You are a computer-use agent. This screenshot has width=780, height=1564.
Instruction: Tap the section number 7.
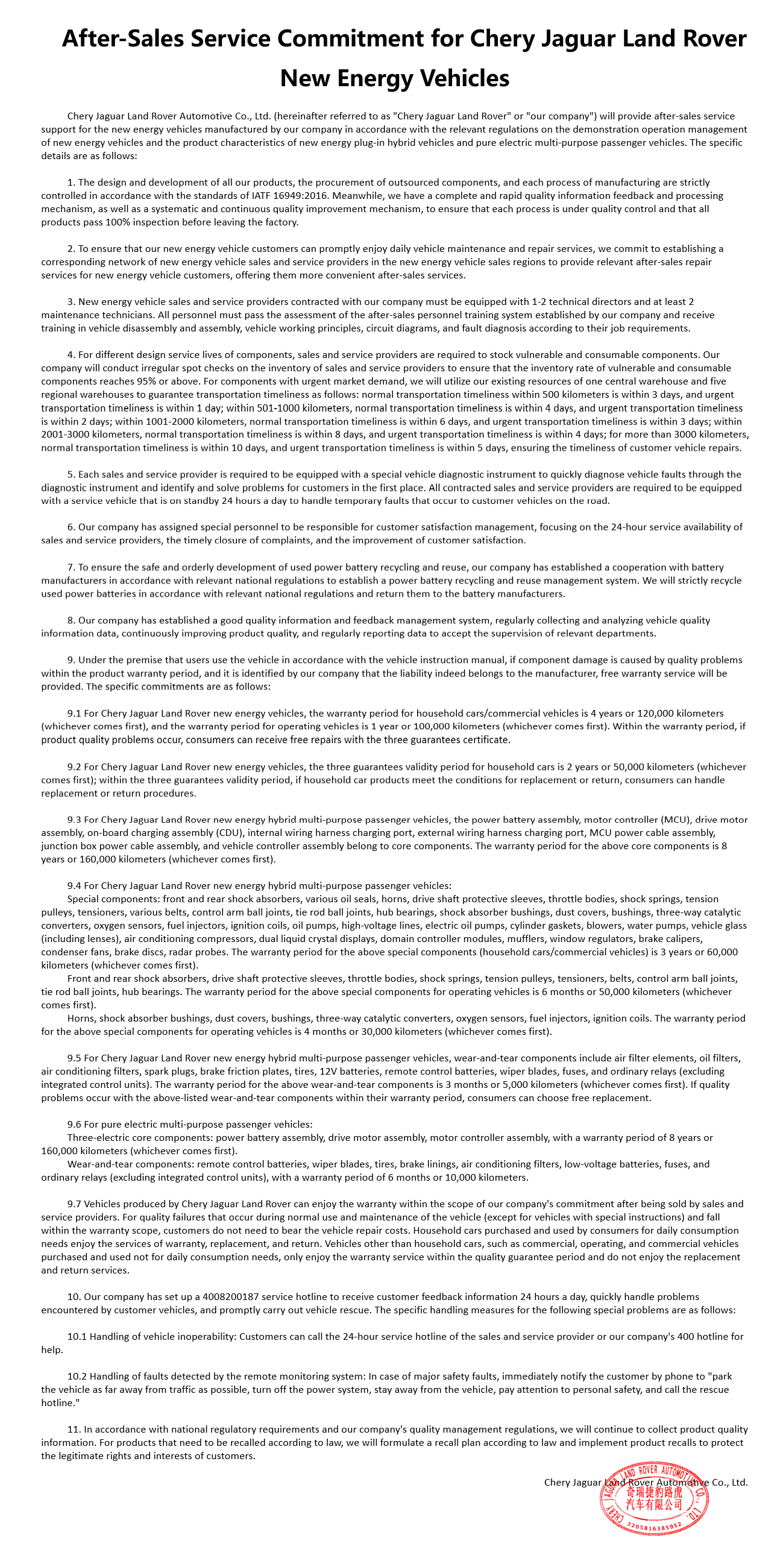(x=71, y=567)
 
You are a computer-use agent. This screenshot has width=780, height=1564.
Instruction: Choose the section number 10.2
(x=77, y=1377)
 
